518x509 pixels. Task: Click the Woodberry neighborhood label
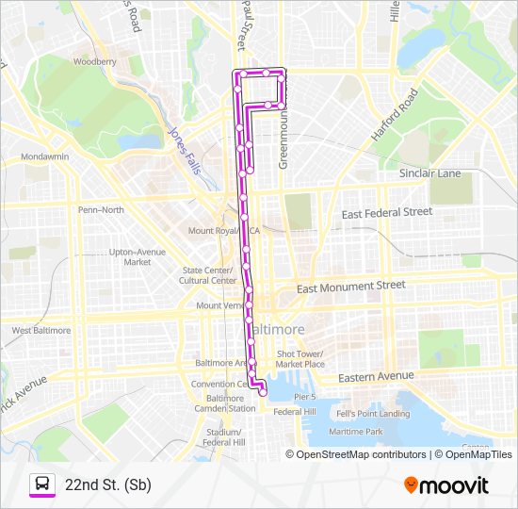[94, 61]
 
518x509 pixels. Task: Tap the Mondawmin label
[46, 156]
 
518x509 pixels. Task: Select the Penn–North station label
[101, 209]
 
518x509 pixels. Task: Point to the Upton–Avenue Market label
[138, 256]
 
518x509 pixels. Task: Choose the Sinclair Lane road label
[429, 173]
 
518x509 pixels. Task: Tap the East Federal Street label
[386, 213]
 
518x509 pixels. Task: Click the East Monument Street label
[350, 286]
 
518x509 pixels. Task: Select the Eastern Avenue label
[376, 376]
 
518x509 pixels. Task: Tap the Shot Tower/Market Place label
[300, 359]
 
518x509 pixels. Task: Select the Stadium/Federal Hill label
[226, 436]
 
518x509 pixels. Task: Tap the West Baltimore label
[40, 330]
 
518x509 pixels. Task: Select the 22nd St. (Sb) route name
[108, 484]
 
